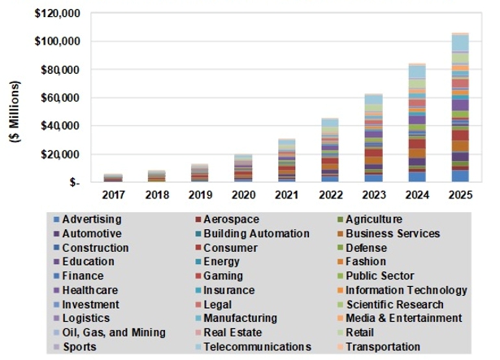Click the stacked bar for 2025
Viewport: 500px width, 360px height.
(460, 108)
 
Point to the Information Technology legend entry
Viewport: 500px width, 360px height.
(407, 290)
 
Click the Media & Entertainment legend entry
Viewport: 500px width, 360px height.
(404, 319)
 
